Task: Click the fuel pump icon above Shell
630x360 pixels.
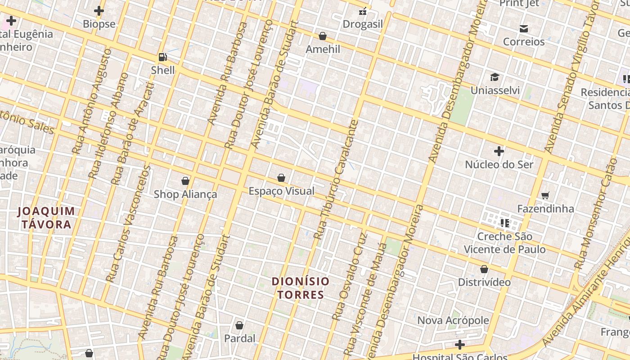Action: point(162,57)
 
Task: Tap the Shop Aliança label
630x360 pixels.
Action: point(185,194)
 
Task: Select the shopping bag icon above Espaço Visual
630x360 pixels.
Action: point(281,178)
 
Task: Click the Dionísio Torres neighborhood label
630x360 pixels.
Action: point(301,288)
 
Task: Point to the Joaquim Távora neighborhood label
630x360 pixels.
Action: point(46,217)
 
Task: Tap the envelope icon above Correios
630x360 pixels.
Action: point(523,29)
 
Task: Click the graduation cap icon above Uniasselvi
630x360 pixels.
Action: point(495,77)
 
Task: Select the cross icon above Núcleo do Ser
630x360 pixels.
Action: point(499,151)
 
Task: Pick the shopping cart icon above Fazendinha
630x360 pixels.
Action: point(545,195)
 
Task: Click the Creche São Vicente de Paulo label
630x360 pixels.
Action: point(504,243)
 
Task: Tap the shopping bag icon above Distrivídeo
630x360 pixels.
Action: point(484,269)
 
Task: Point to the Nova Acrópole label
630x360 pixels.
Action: point(453,320)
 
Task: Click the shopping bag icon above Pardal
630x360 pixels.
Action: point(239,325)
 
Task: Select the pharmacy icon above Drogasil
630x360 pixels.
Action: point(363,11)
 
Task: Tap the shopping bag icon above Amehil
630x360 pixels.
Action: point(323,36)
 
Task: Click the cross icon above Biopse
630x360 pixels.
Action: point(99,11)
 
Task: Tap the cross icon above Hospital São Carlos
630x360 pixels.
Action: point(459,345)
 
